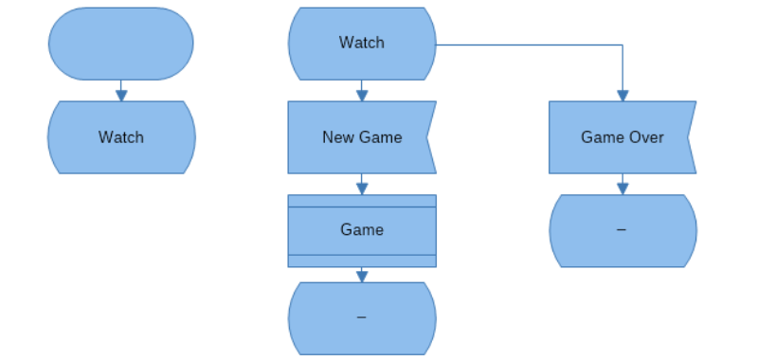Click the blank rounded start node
pos(120,44)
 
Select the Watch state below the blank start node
pos(121,137)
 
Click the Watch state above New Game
pos(362,43)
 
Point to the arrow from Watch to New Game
pos(362,92)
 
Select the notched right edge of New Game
pos(431,137)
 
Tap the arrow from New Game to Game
pos(362,186)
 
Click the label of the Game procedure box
pos(362,230)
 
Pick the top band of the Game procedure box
pos(362,201)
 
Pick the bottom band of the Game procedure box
pos(362,261)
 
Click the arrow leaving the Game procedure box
pos(362,275)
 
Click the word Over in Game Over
pos(647,137)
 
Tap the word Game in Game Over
pos(601,137)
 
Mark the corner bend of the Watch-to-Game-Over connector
pos(623,45)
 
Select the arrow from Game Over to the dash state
pos(623,186)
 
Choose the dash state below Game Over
pos(623,230)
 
